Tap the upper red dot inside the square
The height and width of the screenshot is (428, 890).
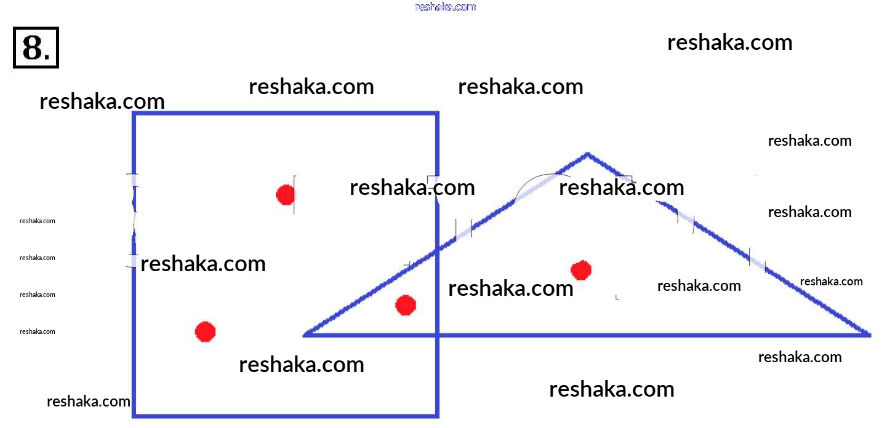286,195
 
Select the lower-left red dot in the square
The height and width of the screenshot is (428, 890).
205,331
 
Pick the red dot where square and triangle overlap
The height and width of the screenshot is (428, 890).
406,305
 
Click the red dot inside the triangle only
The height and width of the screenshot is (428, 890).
581,270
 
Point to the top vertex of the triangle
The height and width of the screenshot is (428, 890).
588,154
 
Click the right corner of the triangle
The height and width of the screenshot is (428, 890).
868,335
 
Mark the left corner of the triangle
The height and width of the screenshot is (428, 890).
306,335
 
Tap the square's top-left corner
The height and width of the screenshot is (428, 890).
134,114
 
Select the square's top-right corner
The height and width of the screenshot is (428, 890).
437,114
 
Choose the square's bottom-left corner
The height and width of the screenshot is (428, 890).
134,416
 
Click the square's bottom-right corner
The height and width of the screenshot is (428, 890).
437,416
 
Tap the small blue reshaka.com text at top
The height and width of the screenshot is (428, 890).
446,7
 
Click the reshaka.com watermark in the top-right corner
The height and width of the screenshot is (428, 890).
730,42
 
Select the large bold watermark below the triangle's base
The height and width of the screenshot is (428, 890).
612,389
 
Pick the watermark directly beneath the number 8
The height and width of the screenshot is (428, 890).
102,101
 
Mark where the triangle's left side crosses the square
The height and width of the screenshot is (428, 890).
437,250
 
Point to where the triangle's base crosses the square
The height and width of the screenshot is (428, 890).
437,335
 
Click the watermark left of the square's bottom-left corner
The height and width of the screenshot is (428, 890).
89,402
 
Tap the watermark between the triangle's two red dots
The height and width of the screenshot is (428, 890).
511,288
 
